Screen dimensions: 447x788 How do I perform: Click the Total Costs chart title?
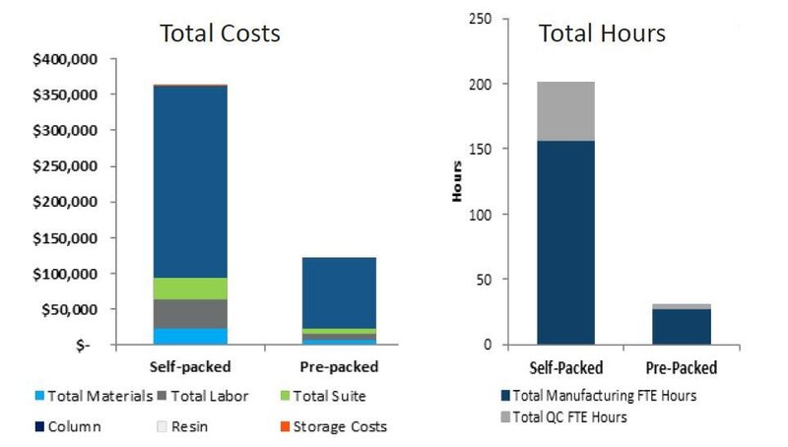click(221, 32)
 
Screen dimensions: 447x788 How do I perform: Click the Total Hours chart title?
click(602, 32)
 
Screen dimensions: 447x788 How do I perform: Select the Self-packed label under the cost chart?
click(190, 367)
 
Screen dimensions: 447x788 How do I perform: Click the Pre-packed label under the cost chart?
click(338, 367)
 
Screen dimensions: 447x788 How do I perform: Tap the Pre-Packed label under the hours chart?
click(682, 368)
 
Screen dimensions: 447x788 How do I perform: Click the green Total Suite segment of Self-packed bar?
click(190, 288)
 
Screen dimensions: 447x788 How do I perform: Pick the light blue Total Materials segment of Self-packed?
click(190, 336)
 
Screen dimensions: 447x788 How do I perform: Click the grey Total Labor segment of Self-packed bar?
click(190, 313)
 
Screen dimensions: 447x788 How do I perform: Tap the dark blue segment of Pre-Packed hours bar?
click(682, 327)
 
